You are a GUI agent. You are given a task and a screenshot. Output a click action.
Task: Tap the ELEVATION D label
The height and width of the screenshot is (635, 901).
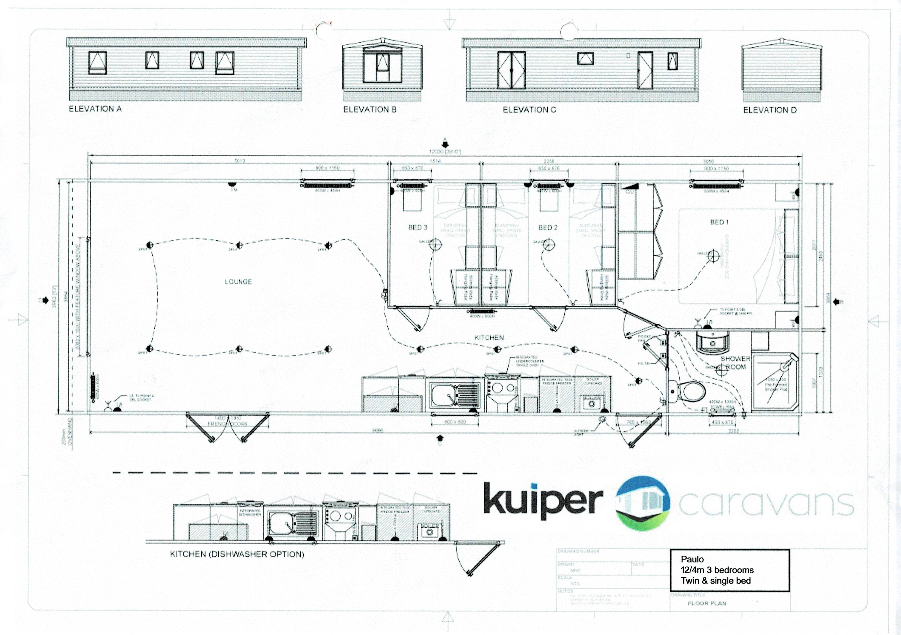pyautogui.click(x=770, y=110)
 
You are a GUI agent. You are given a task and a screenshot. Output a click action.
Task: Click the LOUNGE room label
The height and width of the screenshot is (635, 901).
pyautogui.click(x=238, y=282)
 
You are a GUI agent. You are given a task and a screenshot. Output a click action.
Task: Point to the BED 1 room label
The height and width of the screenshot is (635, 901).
pyautogui.click(x=719, y=222)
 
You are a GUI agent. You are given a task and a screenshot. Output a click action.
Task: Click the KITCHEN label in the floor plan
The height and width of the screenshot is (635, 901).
pyautogui.click(x=489, y=337)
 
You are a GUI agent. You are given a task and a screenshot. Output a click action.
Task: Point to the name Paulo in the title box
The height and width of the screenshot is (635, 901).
pyautogui.click(x=692, y=559)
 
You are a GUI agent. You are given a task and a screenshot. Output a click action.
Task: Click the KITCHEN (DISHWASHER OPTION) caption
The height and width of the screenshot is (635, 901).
pyautogui.click(x=237, y=554)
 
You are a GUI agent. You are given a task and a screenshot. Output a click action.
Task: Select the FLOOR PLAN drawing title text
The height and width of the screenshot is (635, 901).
pyautogui.click(x=707, y=603)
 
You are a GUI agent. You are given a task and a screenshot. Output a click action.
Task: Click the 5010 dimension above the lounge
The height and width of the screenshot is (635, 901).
pyautogui.click(x=240, y=161)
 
